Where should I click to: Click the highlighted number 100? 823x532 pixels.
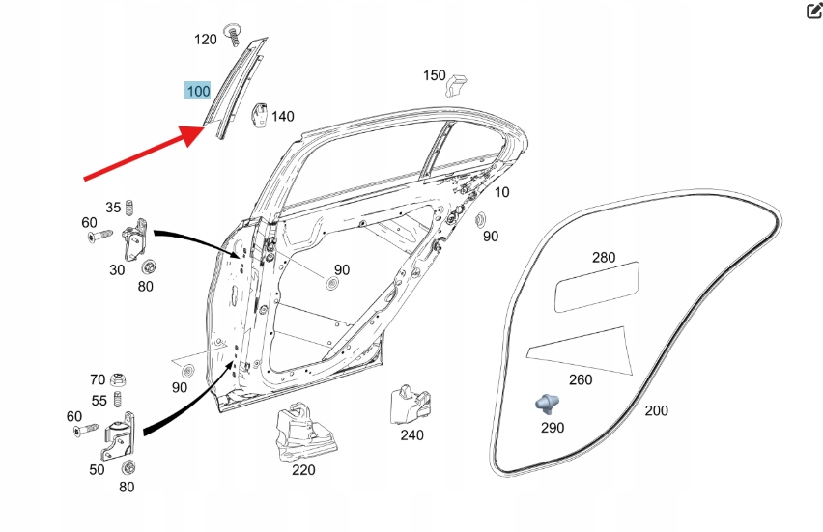[x=198, y=92]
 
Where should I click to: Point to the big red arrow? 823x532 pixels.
[x=145, y=154]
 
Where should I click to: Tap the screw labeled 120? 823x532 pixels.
[x=233, y=34]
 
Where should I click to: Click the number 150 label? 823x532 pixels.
[x=435, y=75]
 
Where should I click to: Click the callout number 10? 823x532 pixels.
[x=502, y=192]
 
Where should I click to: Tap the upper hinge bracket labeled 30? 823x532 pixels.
[x=137, y=238]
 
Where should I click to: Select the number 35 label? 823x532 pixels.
[x=113, y=207]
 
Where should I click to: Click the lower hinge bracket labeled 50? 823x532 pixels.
[x=119, y=439]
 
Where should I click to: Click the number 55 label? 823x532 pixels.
[x=99, y=401]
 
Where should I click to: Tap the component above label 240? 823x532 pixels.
[x=407, y=403]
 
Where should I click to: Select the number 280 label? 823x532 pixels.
[x=603, y=258]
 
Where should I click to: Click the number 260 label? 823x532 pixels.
[x=581, y=379]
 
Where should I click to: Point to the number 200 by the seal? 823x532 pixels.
[x=657, y=410]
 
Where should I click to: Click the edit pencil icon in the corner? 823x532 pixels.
[x=813, y=11]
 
